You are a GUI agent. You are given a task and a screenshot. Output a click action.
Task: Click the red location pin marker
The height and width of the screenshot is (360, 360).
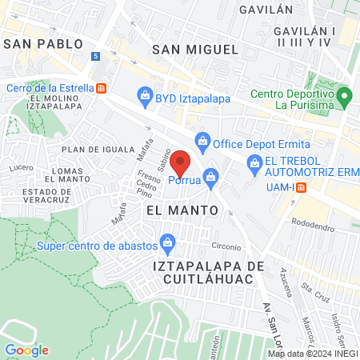181,163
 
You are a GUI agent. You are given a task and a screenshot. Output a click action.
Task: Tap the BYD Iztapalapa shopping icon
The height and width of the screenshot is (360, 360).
145,97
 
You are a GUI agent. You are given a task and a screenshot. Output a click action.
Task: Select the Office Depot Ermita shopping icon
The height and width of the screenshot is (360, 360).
202,142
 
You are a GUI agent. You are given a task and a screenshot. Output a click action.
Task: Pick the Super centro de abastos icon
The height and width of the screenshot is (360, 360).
167,241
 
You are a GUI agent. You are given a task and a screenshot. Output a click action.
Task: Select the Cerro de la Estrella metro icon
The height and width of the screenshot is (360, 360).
102,88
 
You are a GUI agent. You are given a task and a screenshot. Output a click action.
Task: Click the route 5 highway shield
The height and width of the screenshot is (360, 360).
96,56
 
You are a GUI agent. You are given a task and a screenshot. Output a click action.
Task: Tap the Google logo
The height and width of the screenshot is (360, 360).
26,350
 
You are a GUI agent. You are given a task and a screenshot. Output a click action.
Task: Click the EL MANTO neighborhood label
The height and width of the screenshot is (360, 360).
182,209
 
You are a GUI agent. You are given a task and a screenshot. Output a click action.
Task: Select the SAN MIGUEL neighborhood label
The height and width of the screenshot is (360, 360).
195,49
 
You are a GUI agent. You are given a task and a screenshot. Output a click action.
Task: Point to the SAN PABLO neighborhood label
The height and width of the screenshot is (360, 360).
42,43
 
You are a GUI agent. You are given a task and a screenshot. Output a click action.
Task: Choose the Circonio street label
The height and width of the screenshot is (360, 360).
226,246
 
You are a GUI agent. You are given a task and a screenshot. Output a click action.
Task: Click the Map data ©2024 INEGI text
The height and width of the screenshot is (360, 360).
312,353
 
